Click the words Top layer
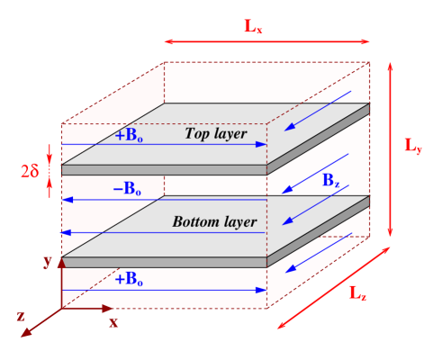pos(215,134)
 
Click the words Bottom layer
pos(215,221)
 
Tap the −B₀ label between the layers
pos(127,189)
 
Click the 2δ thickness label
pos(30,167)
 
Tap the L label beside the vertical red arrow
pos(412,145)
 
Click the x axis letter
pos(113,321)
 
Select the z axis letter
pos(20,316)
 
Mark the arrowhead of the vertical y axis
pos(61,262)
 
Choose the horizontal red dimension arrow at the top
pos(266,40)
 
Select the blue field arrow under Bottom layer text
pos(162,233)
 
